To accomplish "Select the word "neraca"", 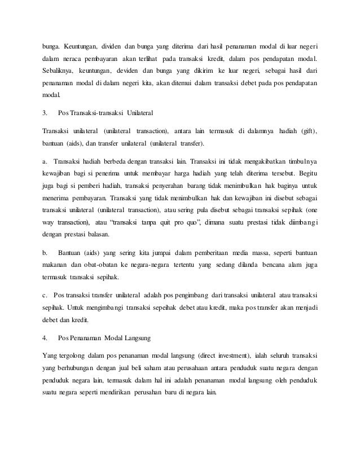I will (72, 59).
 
